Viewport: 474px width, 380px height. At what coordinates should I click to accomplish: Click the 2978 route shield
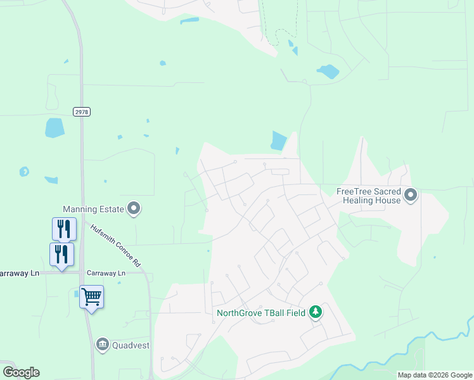click(82, 111)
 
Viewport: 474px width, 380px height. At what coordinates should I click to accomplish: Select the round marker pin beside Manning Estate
click(134, 208)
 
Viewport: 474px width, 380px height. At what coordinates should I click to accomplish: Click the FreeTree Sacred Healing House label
click(368, 196)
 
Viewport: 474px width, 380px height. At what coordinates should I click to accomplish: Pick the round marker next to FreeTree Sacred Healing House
click(411, 195)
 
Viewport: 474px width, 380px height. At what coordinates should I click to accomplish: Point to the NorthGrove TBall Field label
click(260, 312)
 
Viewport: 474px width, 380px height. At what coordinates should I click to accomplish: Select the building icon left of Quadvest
click(102, 345)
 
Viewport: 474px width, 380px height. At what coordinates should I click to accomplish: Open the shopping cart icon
click(91, 296)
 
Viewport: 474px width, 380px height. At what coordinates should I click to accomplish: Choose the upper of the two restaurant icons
click(64, 229)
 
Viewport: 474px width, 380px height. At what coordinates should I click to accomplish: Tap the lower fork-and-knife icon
click(61, 254)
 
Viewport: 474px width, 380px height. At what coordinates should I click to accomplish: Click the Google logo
click(22, 372)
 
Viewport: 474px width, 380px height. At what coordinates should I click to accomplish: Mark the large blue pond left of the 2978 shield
click(55, 128)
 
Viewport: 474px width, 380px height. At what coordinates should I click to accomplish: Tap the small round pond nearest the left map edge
click(24, 172)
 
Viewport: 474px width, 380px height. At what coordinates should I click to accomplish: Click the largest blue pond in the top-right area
click(328, 72)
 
